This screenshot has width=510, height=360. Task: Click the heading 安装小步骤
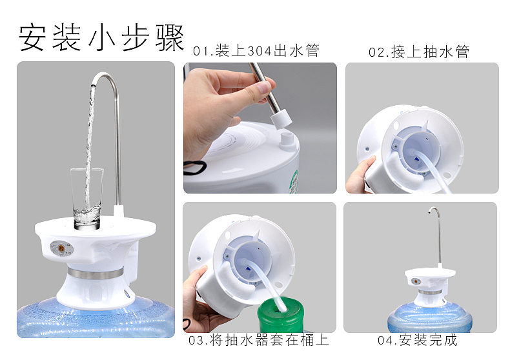(x=101, y=37)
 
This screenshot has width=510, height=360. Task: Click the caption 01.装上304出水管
(x=256, y=51)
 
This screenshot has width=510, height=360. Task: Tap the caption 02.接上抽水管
(x=419, y=52)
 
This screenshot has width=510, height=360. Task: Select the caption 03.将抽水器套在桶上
(x=259, y=340)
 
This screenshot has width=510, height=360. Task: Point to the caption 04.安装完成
(x=417, y=340)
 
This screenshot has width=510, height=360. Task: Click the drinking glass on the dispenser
(x=87, y=199)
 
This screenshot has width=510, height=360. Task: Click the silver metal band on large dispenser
(x=96, y=274)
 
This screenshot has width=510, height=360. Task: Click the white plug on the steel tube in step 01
(x=281, y=119)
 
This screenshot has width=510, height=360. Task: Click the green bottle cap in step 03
(x=281, y=314)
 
